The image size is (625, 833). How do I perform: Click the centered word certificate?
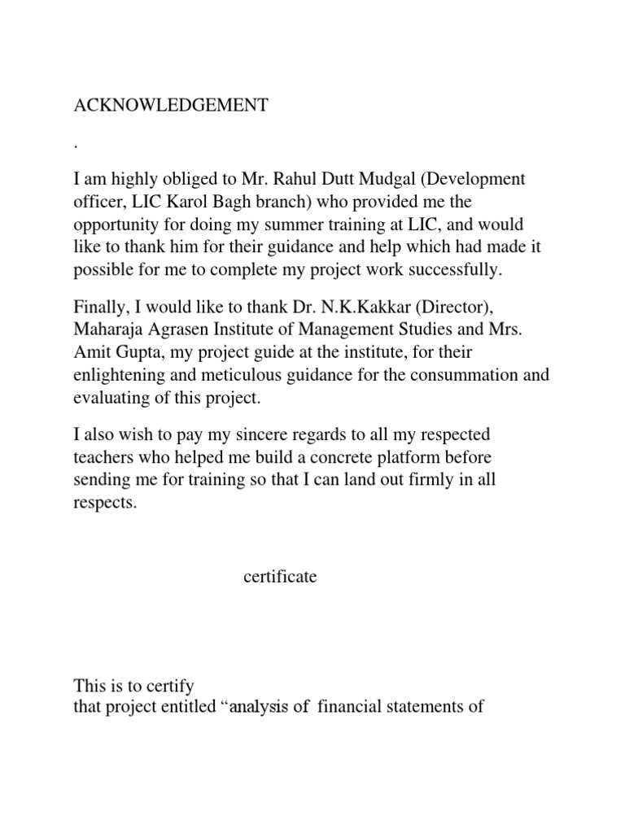click(x=280, y=578)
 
